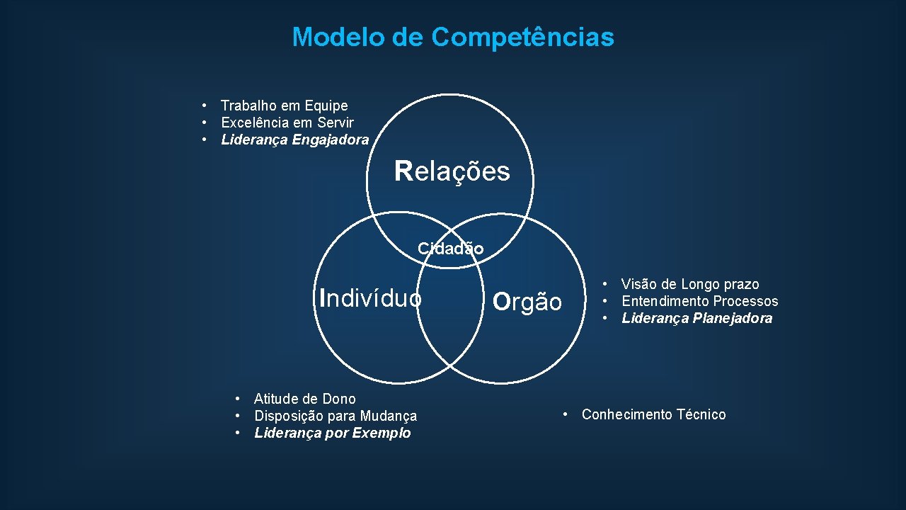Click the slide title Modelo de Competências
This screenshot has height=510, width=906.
pos(453,37)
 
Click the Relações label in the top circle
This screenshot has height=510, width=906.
pos(452,171)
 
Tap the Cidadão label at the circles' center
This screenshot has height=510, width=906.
pos(451,249)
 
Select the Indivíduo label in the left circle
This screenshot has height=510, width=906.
pos(371,297)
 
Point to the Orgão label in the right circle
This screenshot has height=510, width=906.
pos(527,302)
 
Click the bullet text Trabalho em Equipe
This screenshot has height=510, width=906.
pos(284,106)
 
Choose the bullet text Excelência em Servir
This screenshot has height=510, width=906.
pos(287,123)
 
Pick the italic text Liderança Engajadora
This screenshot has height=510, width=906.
pos(294,140)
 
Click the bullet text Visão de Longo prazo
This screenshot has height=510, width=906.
pos(690,284)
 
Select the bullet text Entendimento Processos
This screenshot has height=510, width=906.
pos(699,301)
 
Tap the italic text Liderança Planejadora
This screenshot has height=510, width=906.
pos(696,318)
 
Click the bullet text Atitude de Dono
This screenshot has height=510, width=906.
pos(304,399)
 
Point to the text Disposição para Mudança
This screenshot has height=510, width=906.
pos(336,416)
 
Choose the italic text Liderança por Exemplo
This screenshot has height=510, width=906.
pos(332,433)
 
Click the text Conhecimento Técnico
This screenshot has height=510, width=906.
pos(653,414)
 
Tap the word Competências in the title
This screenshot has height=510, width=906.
pos(523,37)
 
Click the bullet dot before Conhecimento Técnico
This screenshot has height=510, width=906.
pos(566,414)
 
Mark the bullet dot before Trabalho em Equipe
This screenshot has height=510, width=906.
pos(204,106)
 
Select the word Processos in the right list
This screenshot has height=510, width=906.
pos(745,301)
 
